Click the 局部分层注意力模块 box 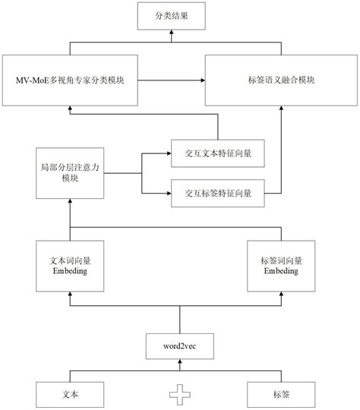[70, 172]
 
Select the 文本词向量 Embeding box [70, 266]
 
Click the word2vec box [179, 346]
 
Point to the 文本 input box [70, 395]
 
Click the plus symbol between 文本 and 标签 [179, 395]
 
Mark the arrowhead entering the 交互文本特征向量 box [168, 152]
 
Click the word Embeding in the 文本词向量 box [70, 271]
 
